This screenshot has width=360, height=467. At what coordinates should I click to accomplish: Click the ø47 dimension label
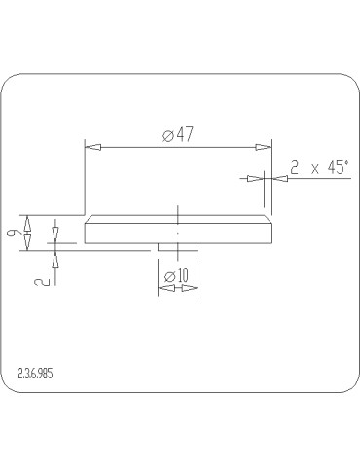[x=178, y=134]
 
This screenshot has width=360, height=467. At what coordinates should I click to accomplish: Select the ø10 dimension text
[x=176, y=276]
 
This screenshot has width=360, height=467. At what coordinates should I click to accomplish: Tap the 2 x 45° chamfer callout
[x=319, y=167]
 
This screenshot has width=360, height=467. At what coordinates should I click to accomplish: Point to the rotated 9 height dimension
[x=13, y=233]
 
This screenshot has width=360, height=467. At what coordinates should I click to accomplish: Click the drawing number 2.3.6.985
[x=35, y=374]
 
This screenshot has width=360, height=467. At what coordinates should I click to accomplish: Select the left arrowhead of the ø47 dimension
[x=92, y=147]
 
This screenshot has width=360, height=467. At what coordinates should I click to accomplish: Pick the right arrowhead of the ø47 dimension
[x=264, y=147]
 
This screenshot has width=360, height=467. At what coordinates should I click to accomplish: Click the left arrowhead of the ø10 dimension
[x=166, y=288]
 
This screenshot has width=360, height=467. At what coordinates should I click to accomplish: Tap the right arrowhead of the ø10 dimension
[x=190, y=288]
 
